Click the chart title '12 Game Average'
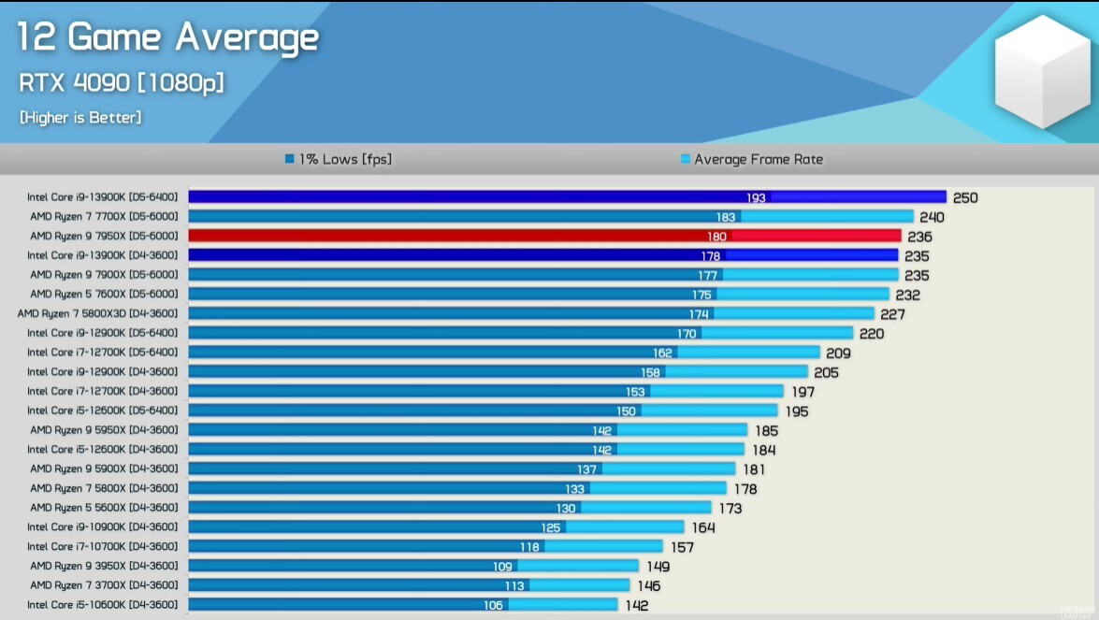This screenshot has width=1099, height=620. click(x=168, y=38)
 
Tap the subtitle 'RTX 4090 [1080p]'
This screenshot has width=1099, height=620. click(x=122, y=83)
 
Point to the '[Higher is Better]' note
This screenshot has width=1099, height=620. click(x=80, y=118)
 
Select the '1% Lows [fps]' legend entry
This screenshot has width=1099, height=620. click(x=339, y=159)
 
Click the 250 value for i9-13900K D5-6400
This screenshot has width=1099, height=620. click(x=965, y=197)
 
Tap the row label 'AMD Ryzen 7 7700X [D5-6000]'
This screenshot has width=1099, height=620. click(x=104, y=216)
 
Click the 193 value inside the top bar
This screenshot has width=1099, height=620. click(x=756, y=197)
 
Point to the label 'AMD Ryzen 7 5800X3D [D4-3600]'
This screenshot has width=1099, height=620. click(x=97, y=313)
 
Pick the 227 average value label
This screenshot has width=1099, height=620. click(x=892, y=314)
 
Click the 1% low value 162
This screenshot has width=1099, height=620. click(x=662, y=353)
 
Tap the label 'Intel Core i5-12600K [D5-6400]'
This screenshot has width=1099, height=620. click(x=102, y=410)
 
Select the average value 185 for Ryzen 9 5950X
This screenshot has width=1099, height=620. click(x=766, y=431)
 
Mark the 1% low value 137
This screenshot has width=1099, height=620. click(x=586, y=469)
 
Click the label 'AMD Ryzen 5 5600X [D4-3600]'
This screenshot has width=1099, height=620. click(x=104, y=507)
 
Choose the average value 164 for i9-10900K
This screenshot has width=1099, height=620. click(x=703, y=527)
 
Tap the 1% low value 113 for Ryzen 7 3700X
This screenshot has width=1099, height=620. click(x=514, y=585)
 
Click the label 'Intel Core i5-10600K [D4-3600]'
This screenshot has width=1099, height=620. click(x=102, y=604)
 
